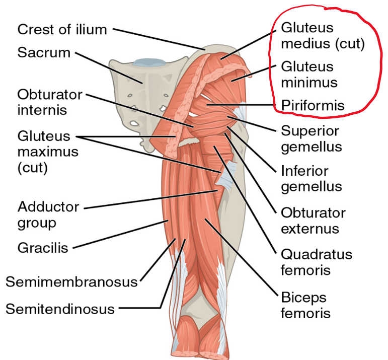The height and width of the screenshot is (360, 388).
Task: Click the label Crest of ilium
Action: point(62,29)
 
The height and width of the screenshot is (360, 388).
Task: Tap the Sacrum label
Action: point(44,52)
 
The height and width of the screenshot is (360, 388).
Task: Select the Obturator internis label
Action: point(48,101)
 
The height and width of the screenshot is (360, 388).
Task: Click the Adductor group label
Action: point(48,214)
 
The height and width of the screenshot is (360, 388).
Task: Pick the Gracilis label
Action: point(42,247)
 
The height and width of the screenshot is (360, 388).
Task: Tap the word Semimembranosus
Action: point(71,281)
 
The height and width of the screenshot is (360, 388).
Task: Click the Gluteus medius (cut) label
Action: point(322,35)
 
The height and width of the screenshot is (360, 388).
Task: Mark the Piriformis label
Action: point(313,106)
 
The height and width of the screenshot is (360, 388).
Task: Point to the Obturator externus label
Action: point(313,220)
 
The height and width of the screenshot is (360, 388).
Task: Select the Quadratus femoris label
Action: point(316,262)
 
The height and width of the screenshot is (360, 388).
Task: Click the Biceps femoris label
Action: point(305,304)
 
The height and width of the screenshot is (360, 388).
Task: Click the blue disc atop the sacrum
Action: point(148,62)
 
